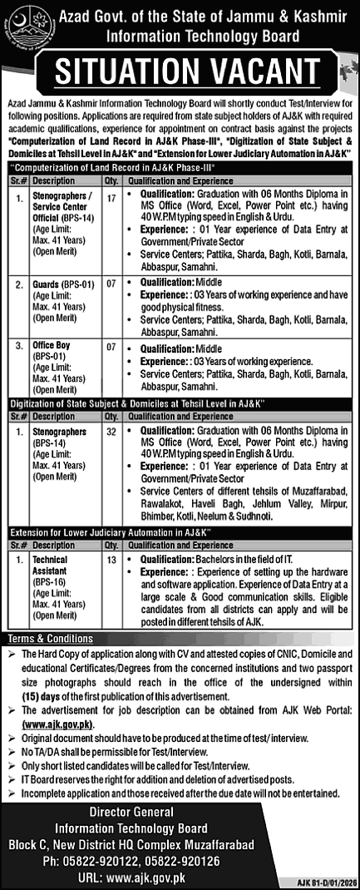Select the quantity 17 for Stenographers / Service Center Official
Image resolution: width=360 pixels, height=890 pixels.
point(112,198)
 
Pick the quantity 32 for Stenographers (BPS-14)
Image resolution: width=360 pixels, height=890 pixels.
point(112,433)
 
